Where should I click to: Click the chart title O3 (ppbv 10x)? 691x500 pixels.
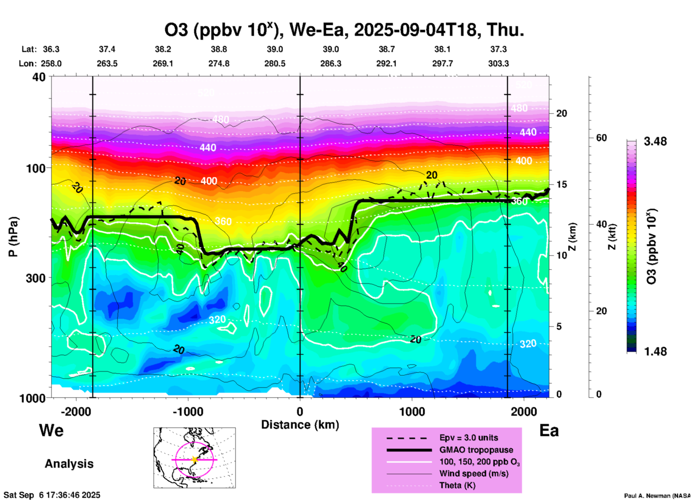[x=344, y=30]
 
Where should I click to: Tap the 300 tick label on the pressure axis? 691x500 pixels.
[x=36, y=278]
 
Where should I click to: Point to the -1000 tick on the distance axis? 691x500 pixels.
[x=188, y=412]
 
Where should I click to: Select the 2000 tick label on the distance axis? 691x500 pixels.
[x=524, y=412]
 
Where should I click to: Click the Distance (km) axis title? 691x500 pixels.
[x=300, y=425]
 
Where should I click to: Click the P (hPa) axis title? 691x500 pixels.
[x=13, y=237]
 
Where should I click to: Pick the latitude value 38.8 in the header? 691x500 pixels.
[x=219, y=49]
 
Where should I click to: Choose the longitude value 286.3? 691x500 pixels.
[x=331, y=63]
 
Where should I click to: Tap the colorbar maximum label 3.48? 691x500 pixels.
[x=655, y=142]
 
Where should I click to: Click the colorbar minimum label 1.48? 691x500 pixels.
[x=655, y=352]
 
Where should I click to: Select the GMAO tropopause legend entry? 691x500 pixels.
[x=476, y=450]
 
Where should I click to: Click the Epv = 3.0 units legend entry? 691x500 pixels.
[x=469, y=438]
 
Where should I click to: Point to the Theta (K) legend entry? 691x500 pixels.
[x=457, y=485]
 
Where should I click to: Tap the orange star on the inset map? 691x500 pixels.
[x=194, y=459]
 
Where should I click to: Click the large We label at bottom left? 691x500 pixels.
[x=51, y=430]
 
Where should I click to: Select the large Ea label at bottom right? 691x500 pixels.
[x=549, y=430]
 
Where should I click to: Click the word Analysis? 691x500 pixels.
[x=69, y=464]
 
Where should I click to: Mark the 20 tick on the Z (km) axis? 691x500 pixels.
[x=561, y=113]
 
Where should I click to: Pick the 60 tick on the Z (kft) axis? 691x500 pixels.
[x=601, y=138]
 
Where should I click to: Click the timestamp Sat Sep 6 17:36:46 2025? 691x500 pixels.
[x=52, y=495]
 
